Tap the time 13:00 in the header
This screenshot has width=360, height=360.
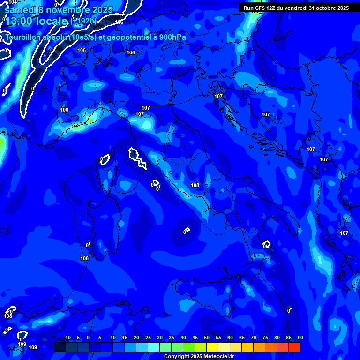coord(23,21)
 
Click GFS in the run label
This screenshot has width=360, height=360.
coord(262,8)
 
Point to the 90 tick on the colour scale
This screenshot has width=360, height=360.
coord(300,338)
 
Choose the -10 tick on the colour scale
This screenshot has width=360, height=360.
coord(67,338)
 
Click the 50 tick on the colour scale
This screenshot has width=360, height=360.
coord(207,338)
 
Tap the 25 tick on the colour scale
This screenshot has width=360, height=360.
coord(148,338)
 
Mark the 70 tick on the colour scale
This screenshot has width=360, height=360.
coord(254,338)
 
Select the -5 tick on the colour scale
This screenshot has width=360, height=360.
coord(78,338)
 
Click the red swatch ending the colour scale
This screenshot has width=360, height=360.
coord(294,347)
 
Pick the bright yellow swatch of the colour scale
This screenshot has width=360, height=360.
coord(212,347)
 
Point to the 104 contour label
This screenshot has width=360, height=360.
coord(13,3)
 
